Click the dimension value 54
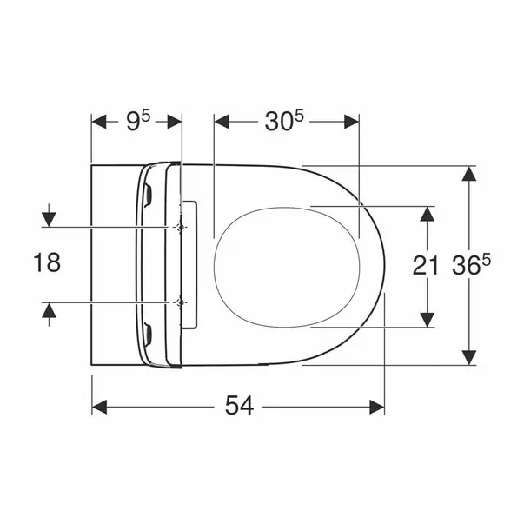[239, 405]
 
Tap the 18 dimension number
[47, 262]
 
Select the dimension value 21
[426, 266]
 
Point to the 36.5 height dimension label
[471, 265]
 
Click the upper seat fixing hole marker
[181, 228]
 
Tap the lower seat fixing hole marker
[181, 302]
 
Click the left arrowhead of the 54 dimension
[99, 407]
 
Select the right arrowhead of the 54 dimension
[377, 407]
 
